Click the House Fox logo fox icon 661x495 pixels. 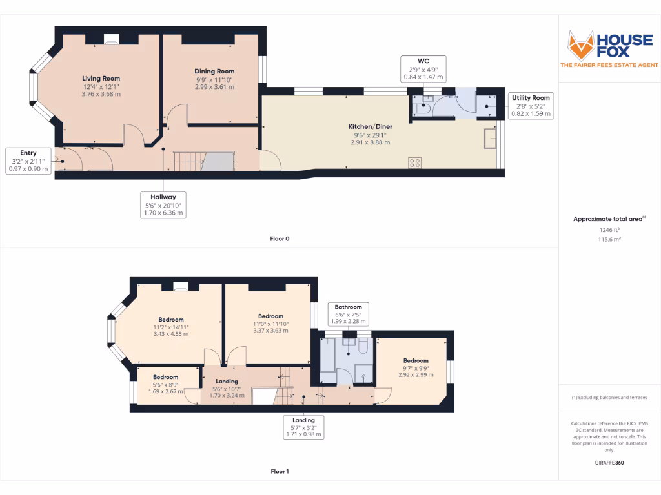coord(580,44)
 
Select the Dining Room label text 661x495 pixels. coord(214,72)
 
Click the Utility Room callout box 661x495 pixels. coord(531,105)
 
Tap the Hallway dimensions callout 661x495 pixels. coord(164,204)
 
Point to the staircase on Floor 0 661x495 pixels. coord(189,161)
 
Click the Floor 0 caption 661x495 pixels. coord(280,238)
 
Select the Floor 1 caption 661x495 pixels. coord(280,471)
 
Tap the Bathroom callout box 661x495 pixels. coord(349,314)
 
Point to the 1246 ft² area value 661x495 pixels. coord(609,229)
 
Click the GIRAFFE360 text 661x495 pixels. coord(609,463)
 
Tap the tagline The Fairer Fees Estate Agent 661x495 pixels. coord(609,65)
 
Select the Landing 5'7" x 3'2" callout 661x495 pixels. coord(303,427)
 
